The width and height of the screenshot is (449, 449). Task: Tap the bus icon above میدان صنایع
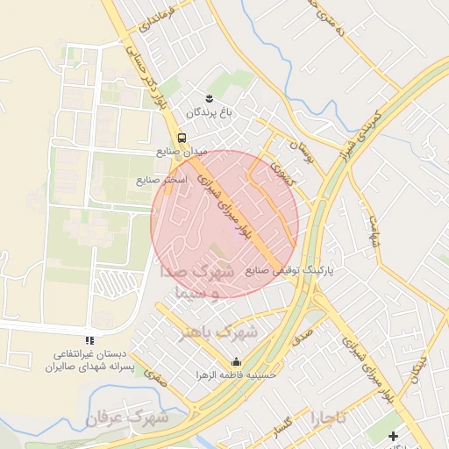coord(182,138)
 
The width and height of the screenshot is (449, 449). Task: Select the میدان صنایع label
coord(181,152)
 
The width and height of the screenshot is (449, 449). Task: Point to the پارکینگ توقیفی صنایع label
coord(291,271)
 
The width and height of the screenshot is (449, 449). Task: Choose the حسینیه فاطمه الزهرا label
coord(237,374)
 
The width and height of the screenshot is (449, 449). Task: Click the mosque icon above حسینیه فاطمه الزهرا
coord(236,361)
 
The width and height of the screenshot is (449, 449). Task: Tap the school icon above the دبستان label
coord(89,340)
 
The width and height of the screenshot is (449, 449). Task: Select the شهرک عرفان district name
coord(130,419)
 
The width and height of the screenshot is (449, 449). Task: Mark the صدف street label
coord(303,334)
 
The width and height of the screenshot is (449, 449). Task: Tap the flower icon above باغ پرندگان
coord(209,97)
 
